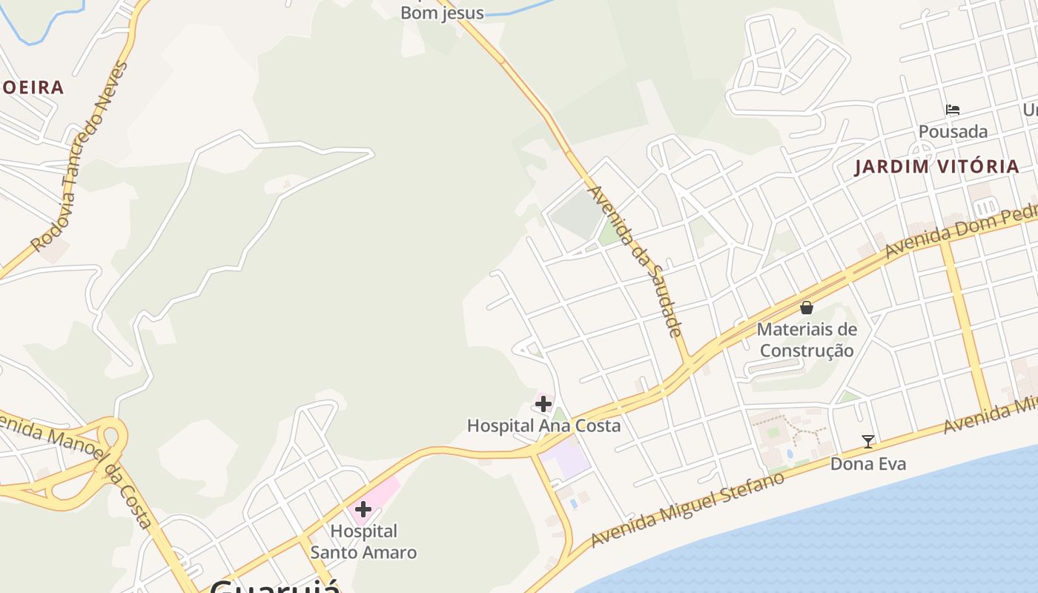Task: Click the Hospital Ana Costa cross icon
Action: (x=543, y=404)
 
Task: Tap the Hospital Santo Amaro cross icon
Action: (x=363, y=509)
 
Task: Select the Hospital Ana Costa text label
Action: (x=543, y=425)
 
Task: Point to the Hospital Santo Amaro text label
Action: (x=363, y=542)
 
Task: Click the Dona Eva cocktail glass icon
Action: (x=868, y=442)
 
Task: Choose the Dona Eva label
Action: (x=868, y=464)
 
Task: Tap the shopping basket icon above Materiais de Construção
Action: (x=807, y=307)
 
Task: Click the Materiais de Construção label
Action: (x=807, y=339)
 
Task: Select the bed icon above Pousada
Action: (x=953, y=110)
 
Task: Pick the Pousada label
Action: (x=953, y=132)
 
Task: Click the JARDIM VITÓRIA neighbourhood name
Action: (x=936, y=166)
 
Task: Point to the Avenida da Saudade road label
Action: (x=635, y=261)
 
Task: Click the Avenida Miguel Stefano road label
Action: (x=687, y=510)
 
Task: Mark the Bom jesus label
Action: (x=442, y=13)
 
